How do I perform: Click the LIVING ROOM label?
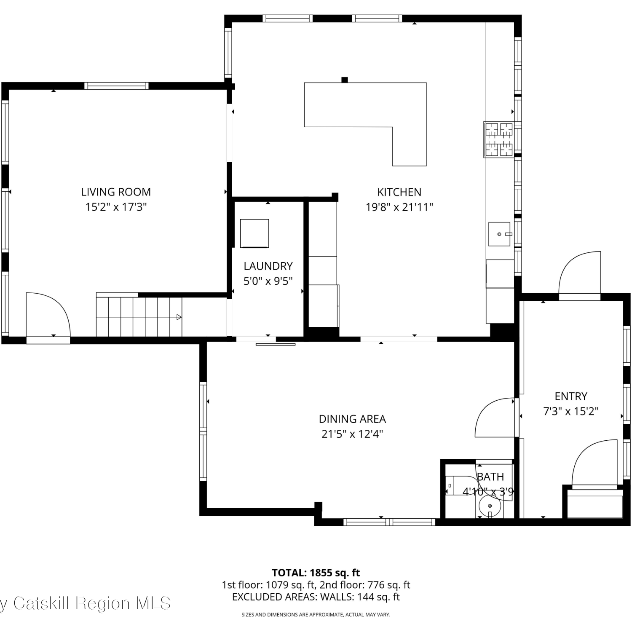pos(116,192)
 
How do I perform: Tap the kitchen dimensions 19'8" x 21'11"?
pos(399,207)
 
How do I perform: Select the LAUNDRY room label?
pos(268,266)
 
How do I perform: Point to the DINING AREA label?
pos(352,419)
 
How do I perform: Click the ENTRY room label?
pos(571,396)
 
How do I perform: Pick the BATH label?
pos(490,477)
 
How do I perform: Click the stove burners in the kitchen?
pos(499,139)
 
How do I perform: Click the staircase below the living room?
pos(139,316)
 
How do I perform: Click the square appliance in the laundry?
pos(254,233)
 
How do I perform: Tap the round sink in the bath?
pos(490,506)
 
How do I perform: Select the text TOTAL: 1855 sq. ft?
pos(316,573)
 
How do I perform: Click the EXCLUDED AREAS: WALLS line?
pos(316,597)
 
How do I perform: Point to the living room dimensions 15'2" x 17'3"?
pos(116,207)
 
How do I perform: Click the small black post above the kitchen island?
pos(345,80)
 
